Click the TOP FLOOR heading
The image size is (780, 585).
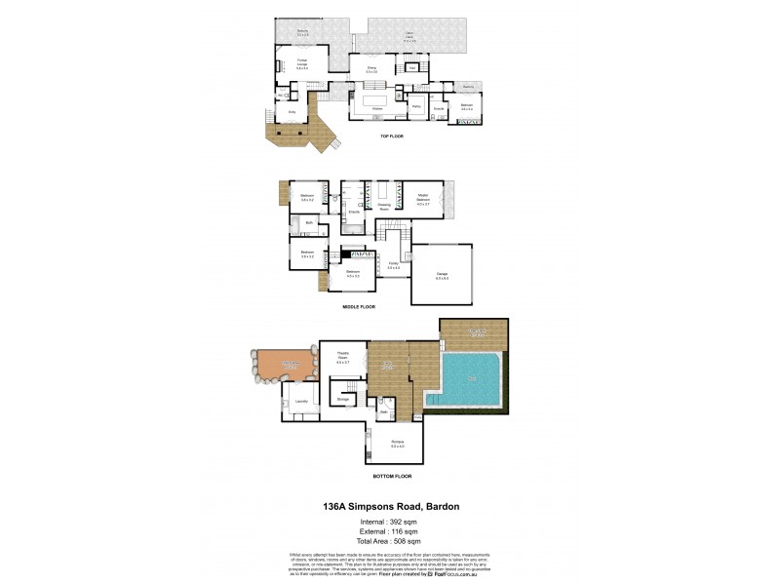[x=392, y=136]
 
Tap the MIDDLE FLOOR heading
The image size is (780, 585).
[x=360, y=306]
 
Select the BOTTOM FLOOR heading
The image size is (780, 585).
[x=392, y=476]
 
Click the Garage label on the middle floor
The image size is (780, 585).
[x=442, y=276]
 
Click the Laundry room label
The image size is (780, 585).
[x=302, y=399]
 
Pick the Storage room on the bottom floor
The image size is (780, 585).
[x=343, y=399]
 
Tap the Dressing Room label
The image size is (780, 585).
[x=385, y=207]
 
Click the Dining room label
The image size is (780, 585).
[x=371, y=71]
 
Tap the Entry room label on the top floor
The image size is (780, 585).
[x=292, y=113]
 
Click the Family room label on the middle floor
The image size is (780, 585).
[x=394, y=264]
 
